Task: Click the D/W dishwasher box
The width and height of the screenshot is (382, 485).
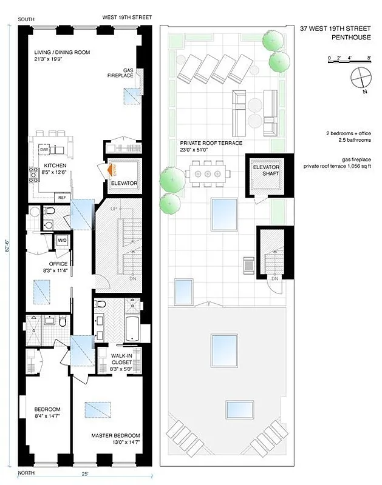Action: click(44, 149)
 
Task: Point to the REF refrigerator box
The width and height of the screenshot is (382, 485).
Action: click(62, 197)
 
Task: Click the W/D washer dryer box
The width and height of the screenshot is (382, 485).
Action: click(62, 241)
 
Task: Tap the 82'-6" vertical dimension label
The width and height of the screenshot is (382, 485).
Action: click(8, 249)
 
